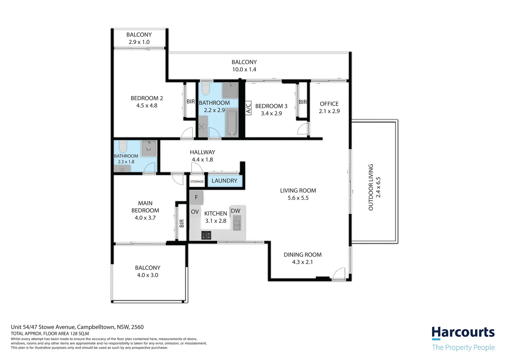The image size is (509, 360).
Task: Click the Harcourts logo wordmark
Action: pos(463,333)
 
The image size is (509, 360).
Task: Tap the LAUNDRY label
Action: pos(224,181)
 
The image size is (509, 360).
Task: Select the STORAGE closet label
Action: pos(197,182)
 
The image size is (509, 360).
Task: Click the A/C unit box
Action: pos(248,108)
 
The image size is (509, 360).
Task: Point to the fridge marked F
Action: pos(196,197)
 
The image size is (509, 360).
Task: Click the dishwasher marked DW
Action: pos(236,211)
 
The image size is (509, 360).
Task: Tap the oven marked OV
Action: pos(195,212)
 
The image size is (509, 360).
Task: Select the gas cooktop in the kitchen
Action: pos(206,235)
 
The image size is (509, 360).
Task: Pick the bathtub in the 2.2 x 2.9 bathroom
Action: pos(232,123)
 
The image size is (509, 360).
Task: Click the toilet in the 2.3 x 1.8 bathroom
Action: pos(123,146)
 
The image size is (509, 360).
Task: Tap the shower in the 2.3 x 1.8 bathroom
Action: pos(149,148)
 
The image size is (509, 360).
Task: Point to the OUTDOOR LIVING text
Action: pos(371,187)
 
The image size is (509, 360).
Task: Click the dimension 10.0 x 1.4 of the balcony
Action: pos(244,70)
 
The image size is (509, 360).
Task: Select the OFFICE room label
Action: pos(329,104)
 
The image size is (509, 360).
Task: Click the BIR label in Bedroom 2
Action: pos(191,101)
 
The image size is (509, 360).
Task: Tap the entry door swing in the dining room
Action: pos(339,274)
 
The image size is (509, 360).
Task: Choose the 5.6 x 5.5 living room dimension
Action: pos(298,198)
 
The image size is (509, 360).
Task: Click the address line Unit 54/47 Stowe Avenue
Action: pos(77,327)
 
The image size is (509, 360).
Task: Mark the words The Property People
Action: pos(463,347)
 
